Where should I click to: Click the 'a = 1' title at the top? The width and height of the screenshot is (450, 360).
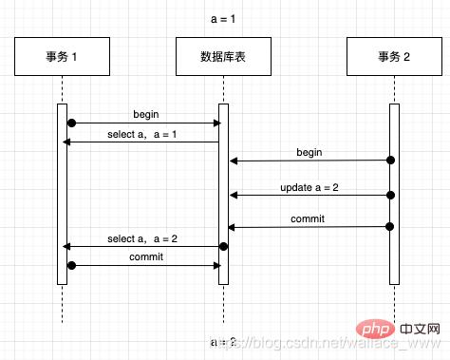click(x=224, y=19)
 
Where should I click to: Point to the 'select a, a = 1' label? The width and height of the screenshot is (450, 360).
click(x=142, y=134)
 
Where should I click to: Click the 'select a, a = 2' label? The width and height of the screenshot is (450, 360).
click(x=142, y=238)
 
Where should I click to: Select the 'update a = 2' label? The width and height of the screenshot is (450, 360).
click(x=310, y=186)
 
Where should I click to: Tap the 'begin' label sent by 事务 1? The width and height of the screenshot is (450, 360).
click(x=146, y=114)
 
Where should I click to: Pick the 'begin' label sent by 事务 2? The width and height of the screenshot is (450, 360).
click(x=309, y=152)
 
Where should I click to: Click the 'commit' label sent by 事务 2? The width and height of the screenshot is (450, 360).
click(x=308, y=218)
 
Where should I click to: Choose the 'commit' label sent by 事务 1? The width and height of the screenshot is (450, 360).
click(x=144, y=256)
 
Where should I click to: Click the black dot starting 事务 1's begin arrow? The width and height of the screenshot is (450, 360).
click(x=71, y=123)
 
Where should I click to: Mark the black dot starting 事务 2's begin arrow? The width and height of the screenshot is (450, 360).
click(x=389, y=161)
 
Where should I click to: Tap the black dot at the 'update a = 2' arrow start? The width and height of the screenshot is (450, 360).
click(x=389, y=195)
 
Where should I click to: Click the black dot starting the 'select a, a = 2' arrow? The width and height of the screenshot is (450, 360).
click(x=224, y=247)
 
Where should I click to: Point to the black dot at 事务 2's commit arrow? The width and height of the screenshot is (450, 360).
click(x=389, y=226)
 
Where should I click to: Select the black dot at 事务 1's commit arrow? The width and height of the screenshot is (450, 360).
click(x=71, y=265)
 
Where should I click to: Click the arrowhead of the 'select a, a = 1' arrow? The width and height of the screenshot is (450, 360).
click(x=66, y=142)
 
